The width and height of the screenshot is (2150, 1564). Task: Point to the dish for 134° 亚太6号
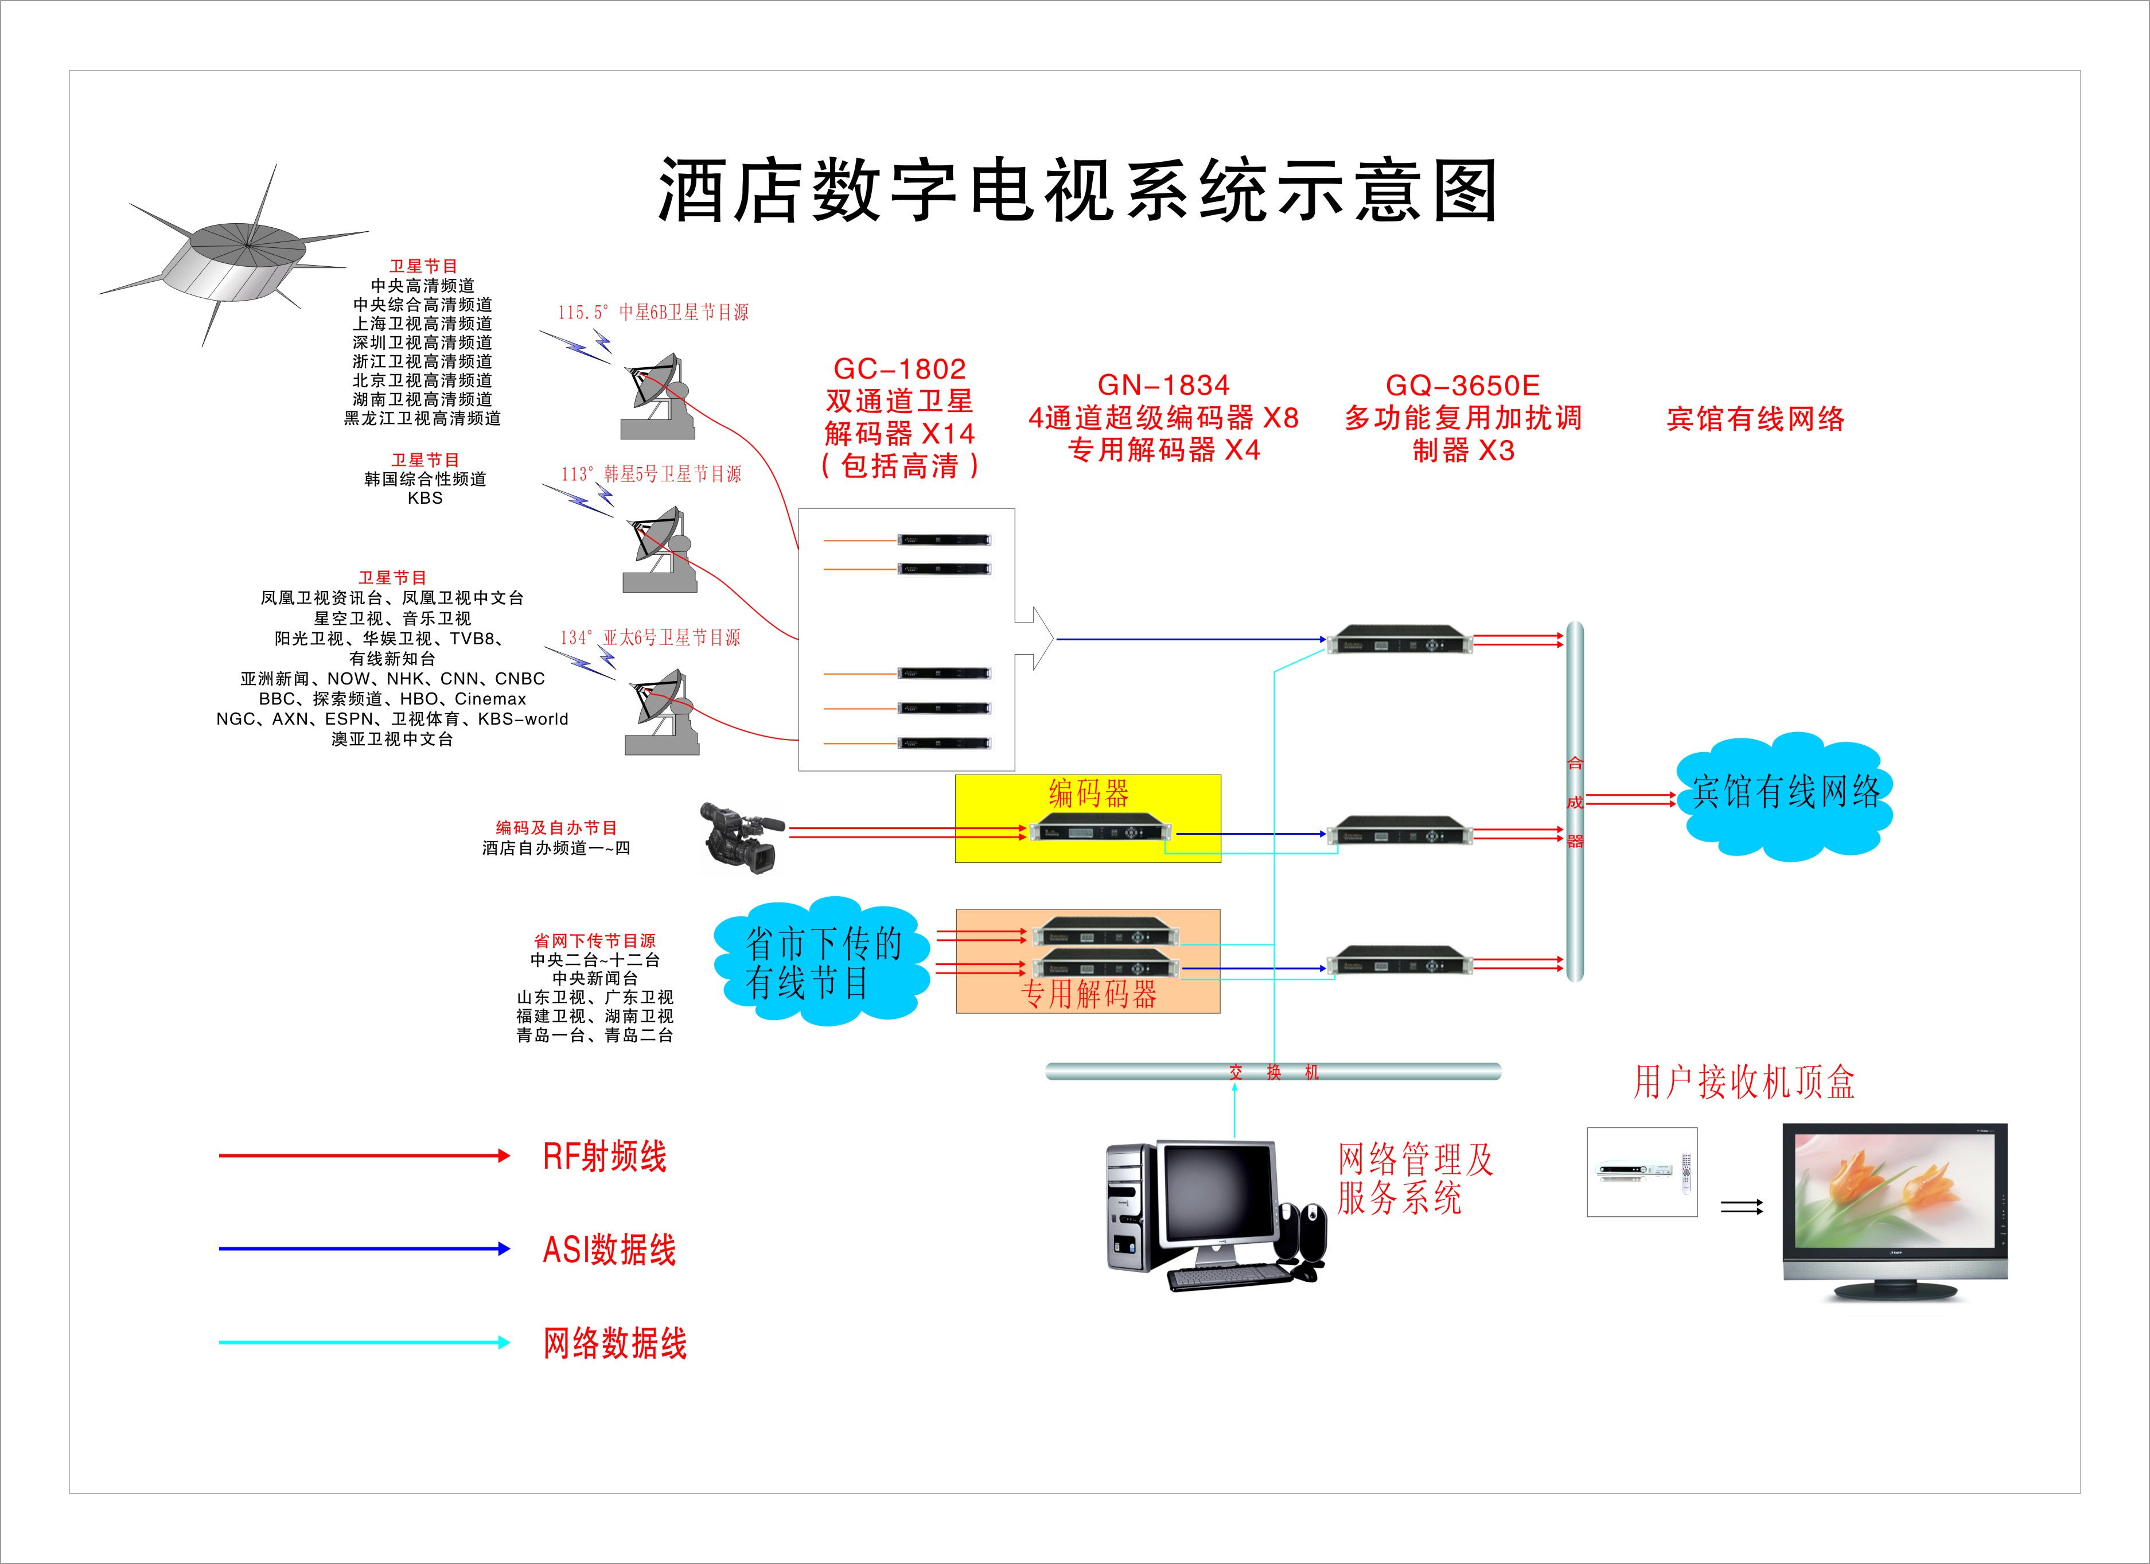(661, 713)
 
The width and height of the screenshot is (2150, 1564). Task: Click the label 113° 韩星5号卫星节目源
(651, 474)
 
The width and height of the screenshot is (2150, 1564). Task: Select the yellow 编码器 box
(1087, 818)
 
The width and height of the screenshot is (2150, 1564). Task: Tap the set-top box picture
(1642, 1172)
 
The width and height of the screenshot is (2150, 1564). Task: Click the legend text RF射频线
(605, 1157)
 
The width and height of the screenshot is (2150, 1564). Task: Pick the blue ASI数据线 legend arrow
(365, 1249)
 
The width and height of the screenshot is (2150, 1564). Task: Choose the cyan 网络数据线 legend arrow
(365, 1342)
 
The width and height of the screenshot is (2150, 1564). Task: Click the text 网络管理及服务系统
(1415, 1178)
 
